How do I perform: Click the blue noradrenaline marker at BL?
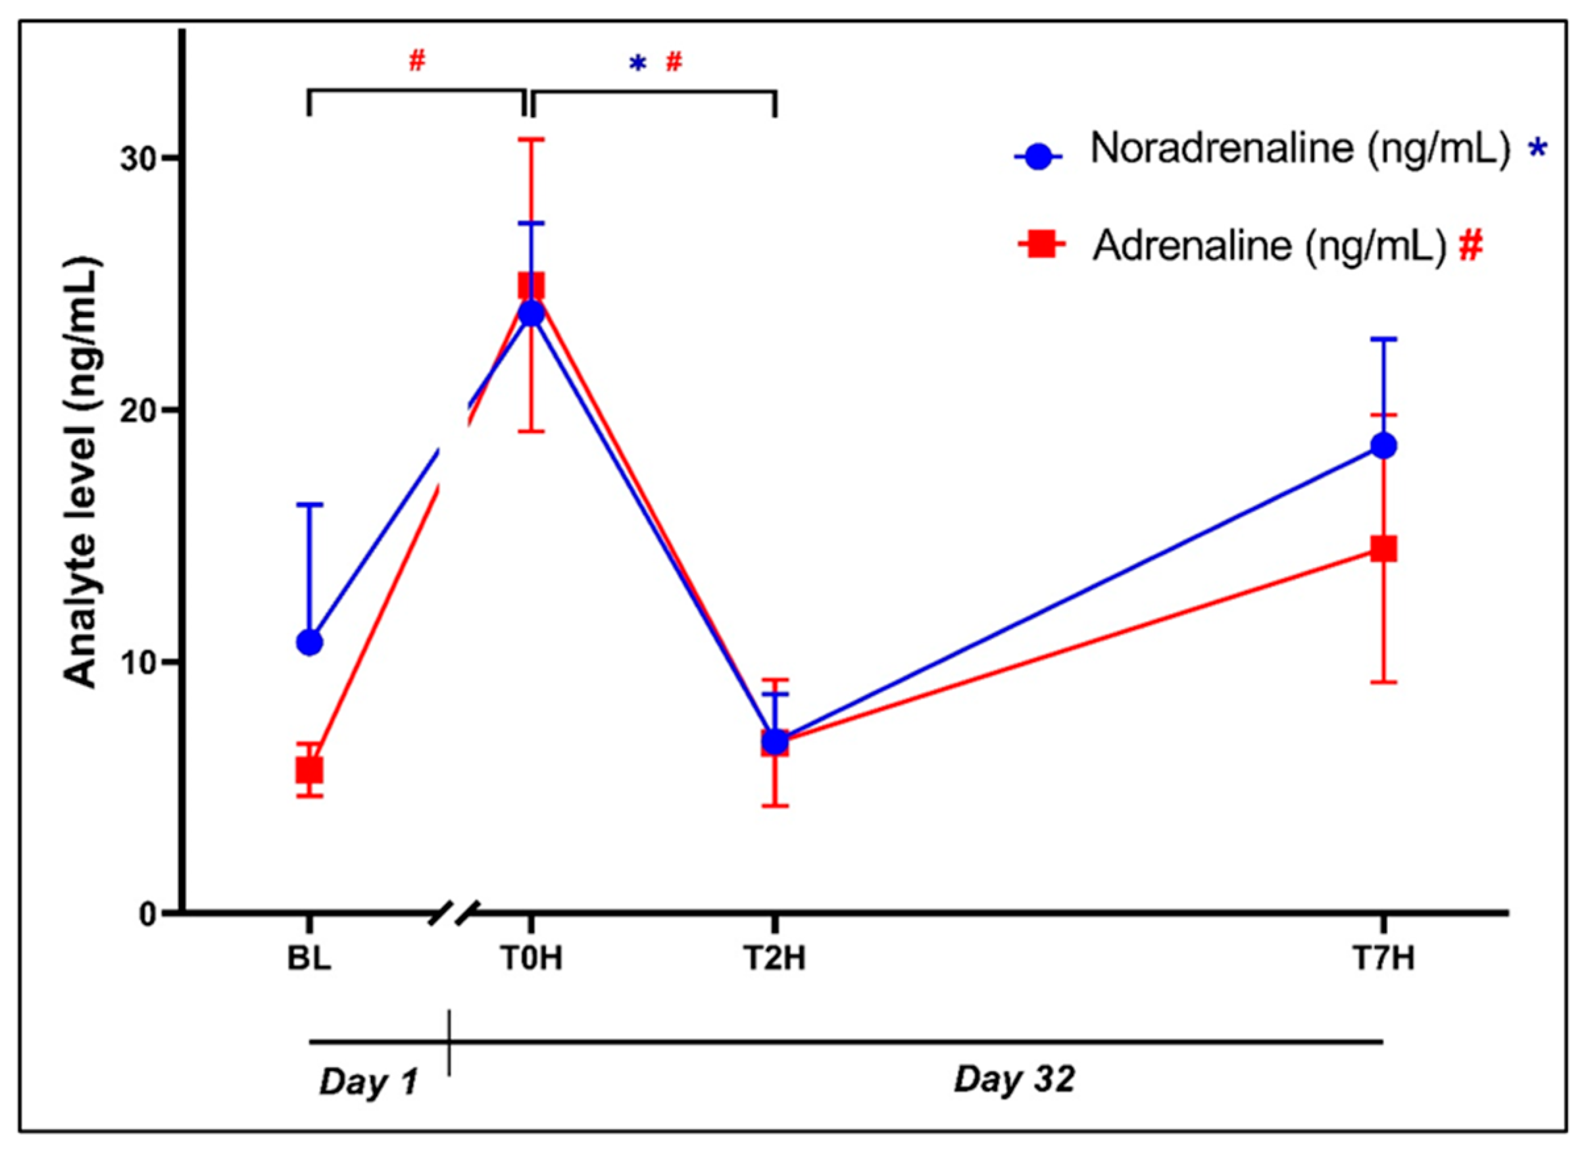[310, 642]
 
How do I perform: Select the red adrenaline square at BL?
[309, 771]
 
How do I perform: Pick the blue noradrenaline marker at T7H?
[1383, 445]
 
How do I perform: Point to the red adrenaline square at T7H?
[1383, 549]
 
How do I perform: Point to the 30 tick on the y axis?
[137, 159]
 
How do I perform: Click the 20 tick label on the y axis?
[137, 411]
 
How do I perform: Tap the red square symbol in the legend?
[1041, 245]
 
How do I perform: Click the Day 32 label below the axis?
[1014, 1079]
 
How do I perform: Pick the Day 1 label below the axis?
[368, 1082]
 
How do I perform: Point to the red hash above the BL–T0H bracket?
[417, 62]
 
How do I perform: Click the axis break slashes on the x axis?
[454, 913]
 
